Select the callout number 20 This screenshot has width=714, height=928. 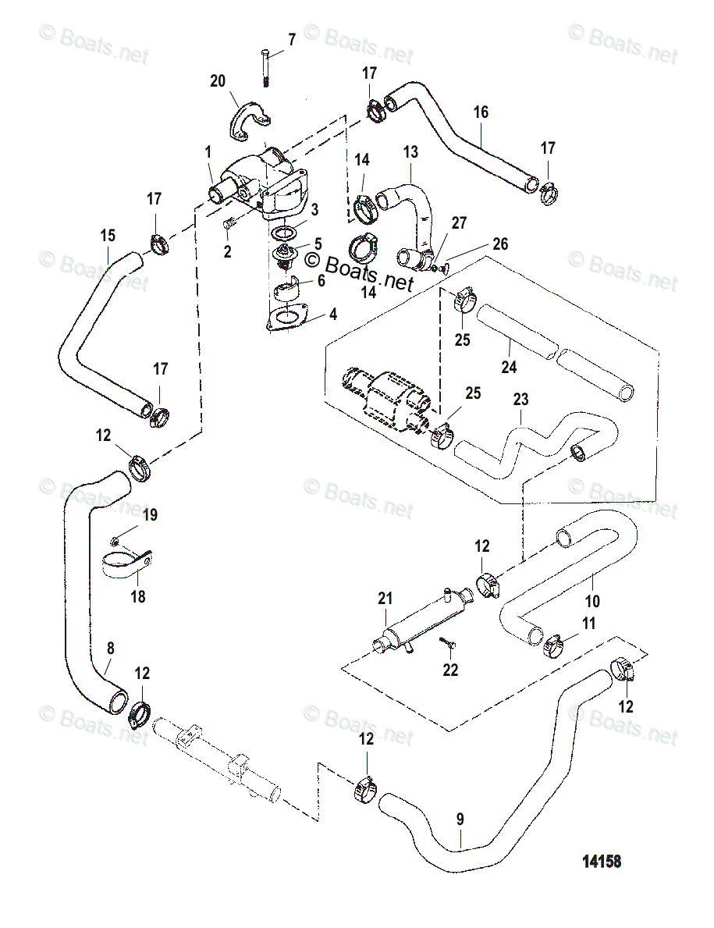pos(217,80)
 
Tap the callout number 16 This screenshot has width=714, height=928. pos(481,112)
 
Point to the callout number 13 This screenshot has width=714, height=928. pos(410,151)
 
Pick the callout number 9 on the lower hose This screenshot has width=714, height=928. pos(460,820)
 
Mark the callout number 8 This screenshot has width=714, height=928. pos(110,647)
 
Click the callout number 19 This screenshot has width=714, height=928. pos(150,514)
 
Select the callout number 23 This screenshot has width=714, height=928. pos(520,400)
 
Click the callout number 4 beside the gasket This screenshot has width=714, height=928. pos(333,315)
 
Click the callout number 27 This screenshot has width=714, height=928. pos(459,223)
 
